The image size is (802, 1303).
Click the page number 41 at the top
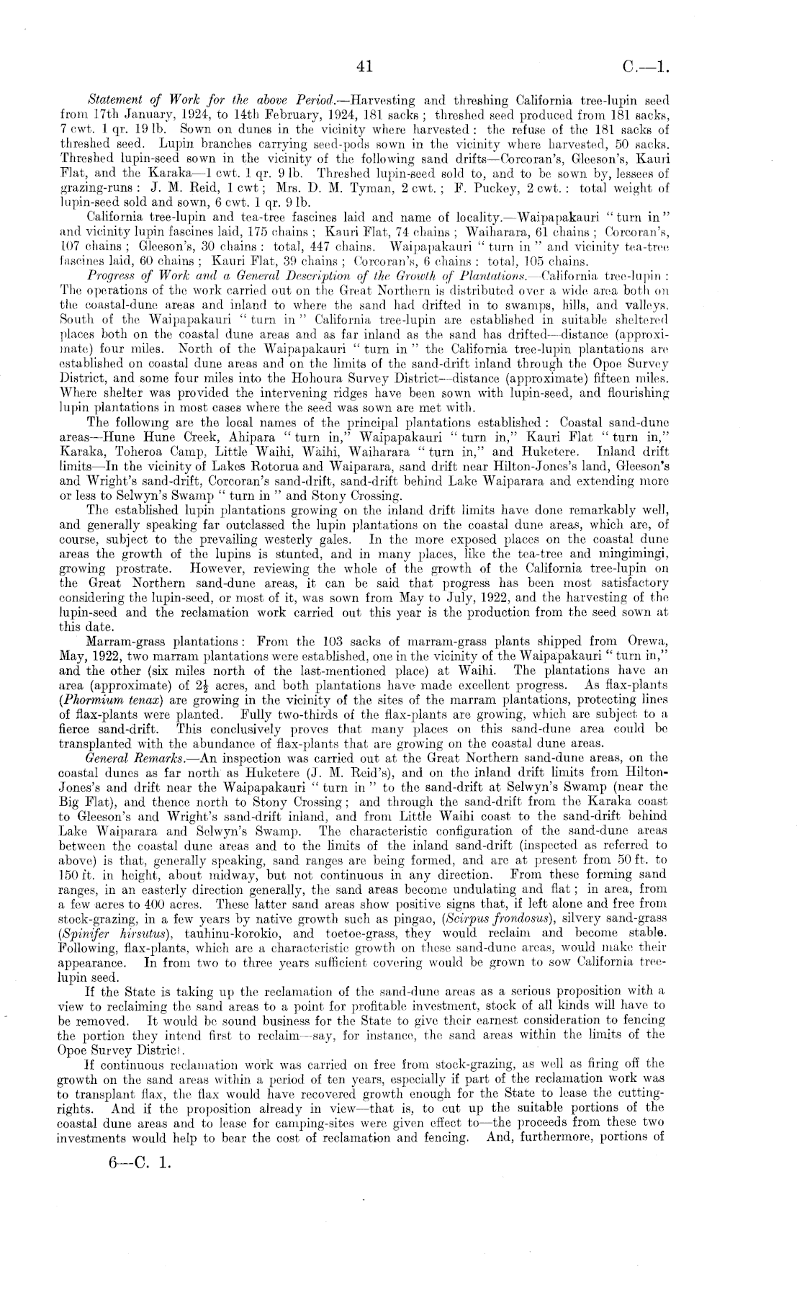click(364, 67)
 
